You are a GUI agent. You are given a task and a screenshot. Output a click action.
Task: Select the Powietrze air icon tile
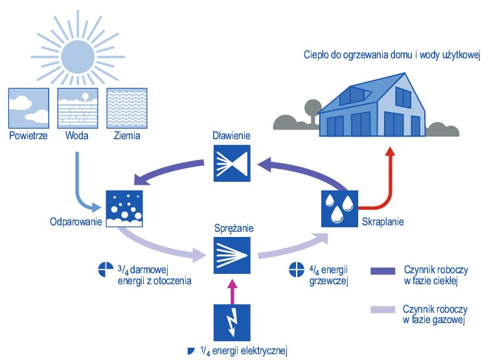pyautogui.click(x=28, y=108)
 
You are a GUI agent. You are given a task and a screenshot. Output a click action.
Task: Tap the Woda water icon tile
pyautogui.click(x=77, y=108)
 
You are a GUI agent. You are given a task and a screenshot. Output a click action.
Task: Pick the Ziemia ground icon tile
pyautogui.click(x=126, y=108)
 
